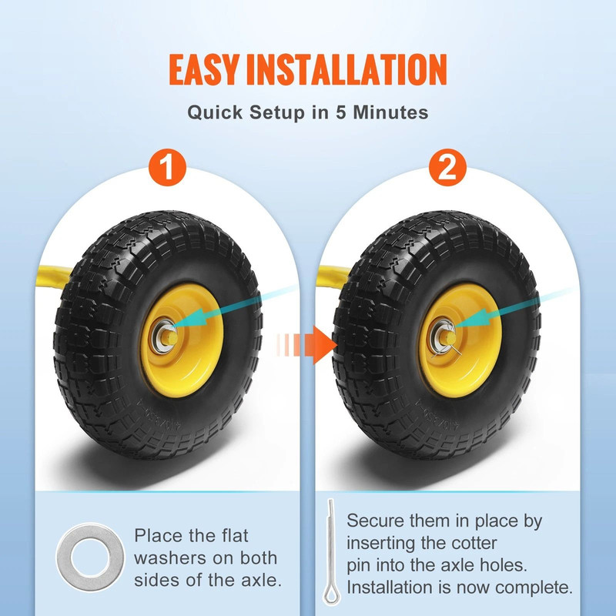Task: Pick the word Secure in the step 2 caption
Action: [x=377, y=520]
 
